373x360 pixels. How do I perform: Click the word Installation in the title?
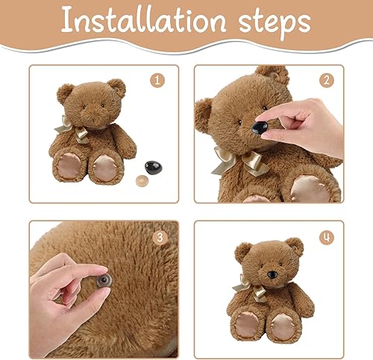pyautogui.click(x=143, y=20)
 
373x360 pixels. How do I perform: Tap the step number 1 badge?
pyautogui.click(x=157, y=80)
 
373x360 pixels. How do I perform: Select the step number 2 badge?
pyautogui.click(x=327, y=80)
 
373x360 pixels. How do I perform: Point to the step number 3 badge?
pyautogui.click(x=160, y=238)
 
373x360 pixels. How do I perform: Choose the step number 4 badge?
pyautogui.click(x=327, y=238)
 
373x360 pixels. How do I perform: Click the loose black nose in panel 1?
pyautogui.click(x=153, y=167)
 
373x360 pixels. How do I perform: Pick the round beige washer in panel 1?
pyautogui.click(x=142, y=181)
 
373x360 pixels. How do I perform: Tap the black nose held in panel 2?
pyautogui.click(x=260, y=127)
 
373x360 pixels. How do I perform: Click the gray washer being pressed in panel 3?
pyautogui.click(x=104, y=280)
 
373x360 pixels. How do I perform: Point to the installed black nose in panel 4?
pyautogui.click(x=272, y=274)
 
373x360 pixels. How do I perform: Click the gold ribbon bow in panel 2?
pyautogui.click(x=241, y=160)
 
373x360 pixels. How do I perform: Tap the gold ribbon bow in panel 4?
pyautogui.click(x=250, y=288)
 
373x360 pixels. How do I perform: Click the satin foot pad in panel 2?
pyautogui.click(x=310, y=189)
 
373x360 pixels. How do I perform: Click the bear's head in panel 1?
pyautogui.click(x=92, y=104)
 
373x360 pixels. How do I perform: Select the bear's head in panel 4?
pyautogui.click(x=269, y=262)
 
